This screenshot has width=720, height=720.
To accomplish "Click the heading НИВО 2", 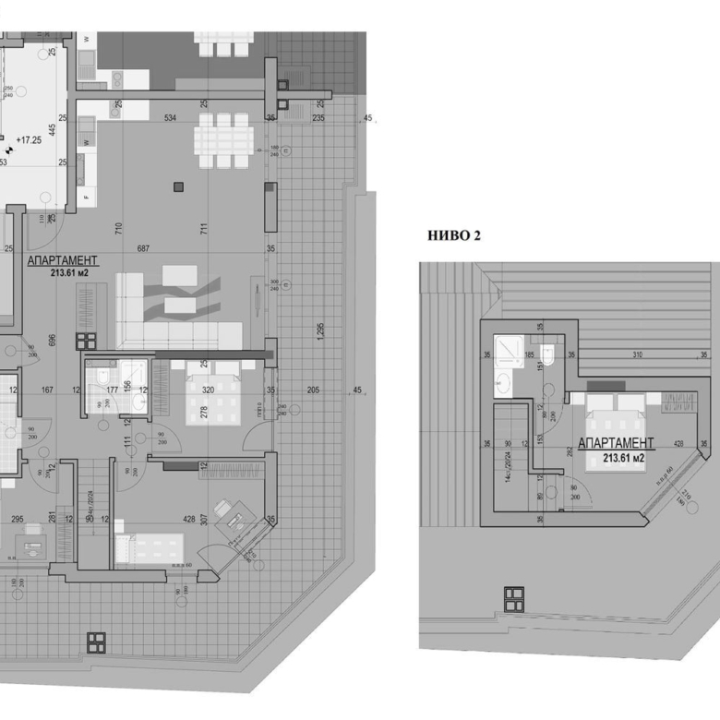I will click(x=454, y=235).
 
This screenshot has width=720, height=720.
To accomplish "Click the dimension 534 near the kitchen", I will click(x=170, y=118).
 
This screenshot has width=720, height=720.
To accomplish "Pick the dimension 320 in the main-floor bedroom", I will click(x=208, y=390).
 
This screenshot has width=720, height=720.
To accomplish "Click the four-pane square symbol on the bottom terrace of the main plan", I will click(x=95, y=642).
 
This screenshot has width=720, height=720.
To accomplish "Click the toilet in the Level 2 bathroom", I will click(x=547, y=354).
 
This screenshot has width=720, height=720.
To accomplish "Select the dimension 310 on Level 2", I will click(x=637, y=354).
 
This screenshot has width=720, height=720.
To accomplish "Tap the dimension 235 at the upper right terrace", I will click(x=318, y=118).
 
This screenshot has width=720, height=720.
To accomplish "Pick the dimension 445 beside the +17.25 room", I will click(x=53, y=129).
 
